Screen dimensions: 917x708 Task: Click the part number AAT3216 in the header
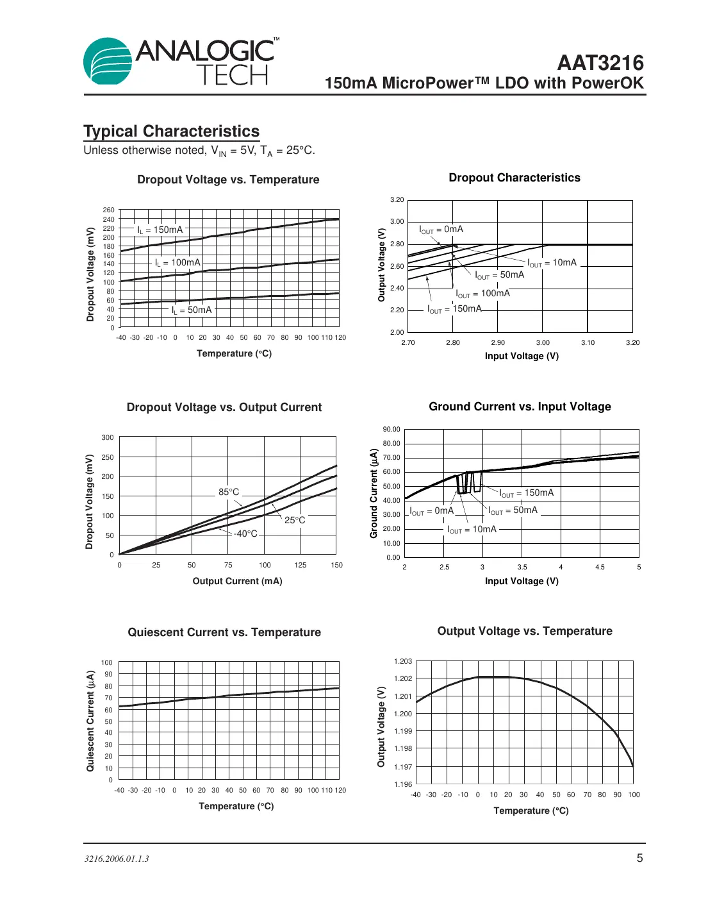pos(600,63)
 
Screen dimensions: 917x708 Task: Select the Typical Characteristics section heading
pos(171,131)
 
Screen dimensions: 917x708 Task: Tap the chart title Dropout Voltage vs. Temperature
pos(228,180)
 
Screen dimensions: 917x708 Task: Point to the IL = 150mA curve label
pos(160,230)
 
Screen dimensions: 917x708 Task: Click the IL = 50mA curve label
pos(192,310)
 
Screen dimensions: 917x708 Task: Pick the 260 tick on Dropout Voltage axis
pos(109,210)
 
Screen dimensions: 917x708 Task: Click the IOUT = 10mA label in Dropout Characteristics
pos(552,263)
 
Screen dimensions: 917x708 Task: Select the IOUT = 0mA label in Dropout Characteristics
pos(441,230)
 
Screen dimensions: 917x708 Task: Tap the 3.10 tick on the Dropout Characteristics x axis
pos(588,342)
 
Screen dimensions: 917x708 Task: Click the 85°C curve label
pos(229,492)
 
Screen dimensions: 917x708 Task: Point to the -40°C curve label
pos(245,534)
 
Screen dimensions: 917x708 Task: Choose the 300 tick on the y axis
pos(108,437)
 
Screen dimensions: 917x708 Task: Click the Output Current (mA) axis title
pos(237,581)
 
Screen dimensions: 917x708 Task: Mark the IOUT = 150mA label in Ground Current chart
pos(526,493)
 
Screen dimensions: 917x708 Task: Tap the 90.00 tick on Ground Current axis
pos(391,429)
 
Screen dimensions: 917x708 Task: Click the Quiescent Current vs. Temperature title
pos(224,632)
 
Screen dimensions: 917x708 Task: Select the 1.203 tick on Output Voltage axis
pos(403,661)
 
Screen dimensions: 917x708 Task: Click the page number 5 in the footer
pos(639,858)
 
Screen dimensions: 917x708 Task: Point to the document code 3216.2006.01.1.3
pos(117,859)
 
